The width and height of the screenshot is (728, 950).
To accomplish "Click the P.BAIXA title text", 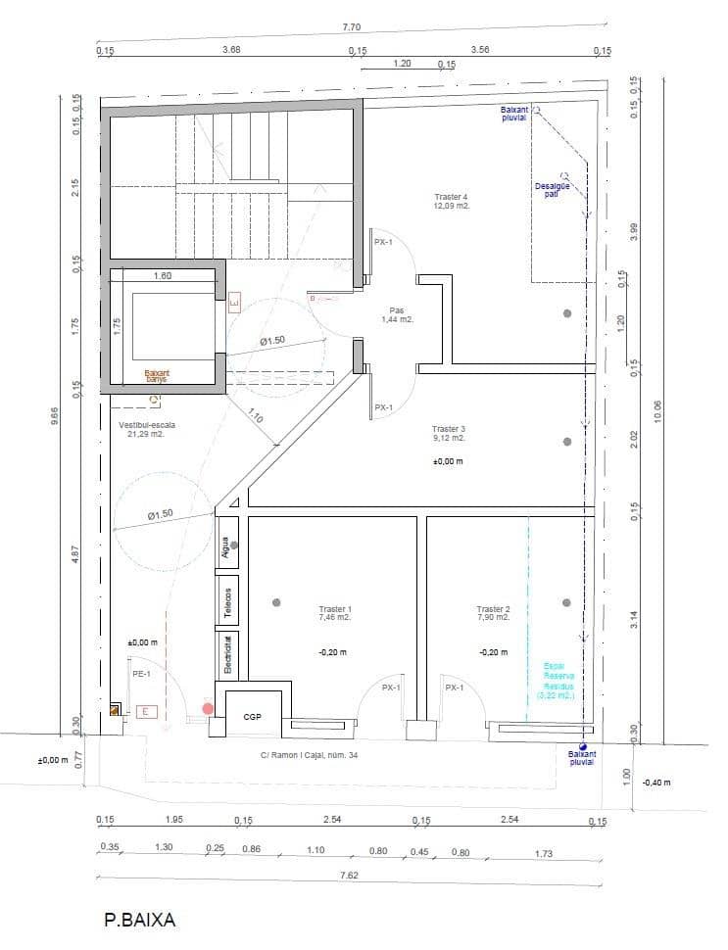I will (x=139, y=920).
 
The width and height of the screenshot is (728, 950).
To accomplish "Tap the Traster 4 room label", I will (x=452, y=202).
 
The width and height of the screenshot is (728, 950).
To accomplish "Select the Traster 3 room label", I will (x=449, y=434).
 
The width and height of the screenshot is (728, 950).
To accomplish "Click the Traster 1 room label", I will (x=334, y=613).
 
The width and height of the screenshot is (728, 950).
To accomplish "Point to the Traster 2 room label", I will (x=493, y=613).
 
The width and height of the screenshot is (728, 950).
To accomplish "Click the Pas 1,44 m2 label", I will (x=397, y=314).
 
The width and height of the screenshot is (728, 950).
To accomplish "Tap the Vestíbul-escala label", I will (x=141, y=429).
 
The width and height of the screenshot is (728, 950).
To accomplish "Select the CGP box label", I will (x=252, y=717).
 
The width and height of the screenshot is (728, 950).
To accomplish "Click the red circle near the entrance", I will (x=208, y=708).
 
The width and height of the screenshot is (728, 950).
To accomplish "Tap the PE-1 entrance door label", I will (x=141, y=675).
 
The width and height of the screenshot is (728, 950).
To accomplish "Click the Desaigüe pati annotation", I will (x=552, y=189).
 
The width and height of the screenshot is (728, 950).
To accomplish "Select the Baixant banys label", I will (x=157, y=375).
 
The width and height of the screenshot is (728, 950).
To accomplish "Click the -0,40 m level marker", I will (x=655, y=783).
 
